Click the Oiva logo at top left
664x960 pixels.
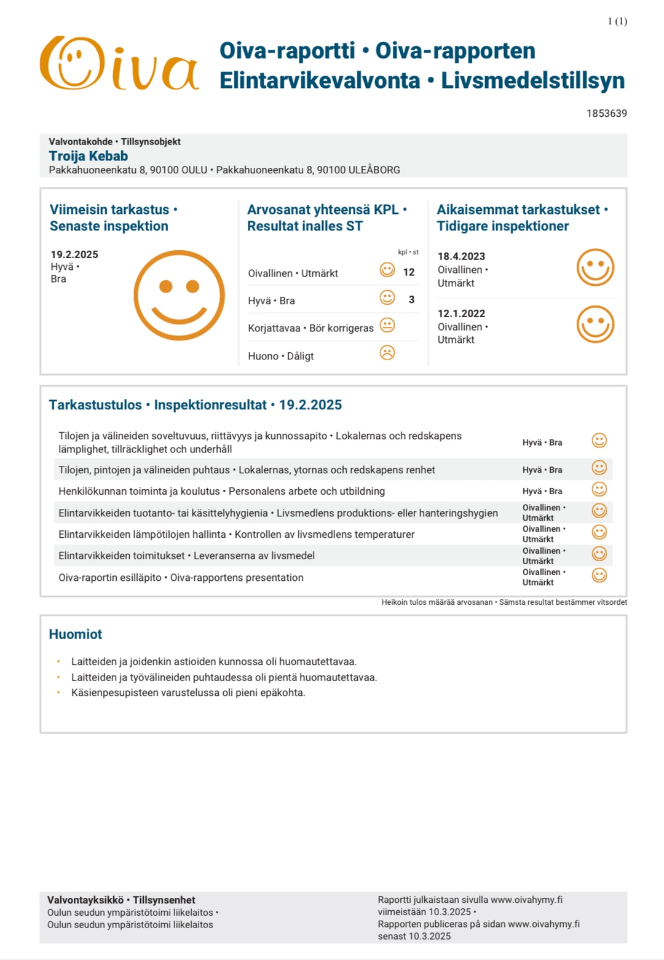pos(119,63)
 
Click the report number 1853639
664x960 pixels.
pos(606,113)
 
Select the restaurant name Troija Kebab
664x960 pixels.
pos(89,156)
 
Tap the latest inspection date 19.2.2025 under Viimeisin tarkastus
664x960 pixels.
pos(74,254)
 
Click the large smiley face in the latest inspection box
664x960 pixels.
pos(179,295)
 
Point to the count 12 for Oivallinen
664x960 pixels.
pos(409,272)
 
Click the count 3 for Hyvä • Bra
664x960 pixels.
pos(411,299)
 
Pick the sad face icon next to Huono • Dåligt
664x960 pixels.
pos(387,353)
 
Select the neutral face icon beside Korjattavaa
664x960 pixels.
pos(387,325)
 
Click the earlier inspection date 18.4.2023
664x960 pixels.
pos(461,256)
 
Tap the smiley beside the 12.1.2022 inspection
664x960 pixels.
pos(595,325)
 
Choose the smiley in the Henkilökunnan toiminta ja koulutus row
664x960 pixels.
pos(599,489)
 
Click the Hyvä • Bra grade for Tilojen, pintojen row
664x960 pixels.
pos(542,470)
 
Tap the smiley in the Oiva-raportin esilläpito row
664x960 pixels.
pos(599,575)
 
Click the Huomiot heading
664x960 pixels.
pos(76,634)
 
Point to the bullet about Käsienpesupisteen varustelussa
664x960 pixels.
pos(188,693)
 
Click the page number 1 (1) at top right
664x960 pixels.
pos(617,22)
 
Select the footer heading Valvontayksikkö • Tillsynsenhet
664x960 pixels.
pos(121,900)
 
